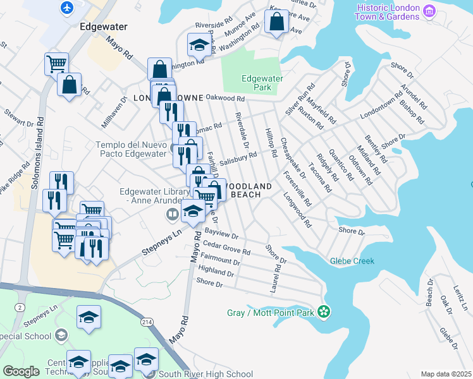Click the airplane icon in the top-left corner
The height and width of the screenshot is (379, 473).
(x=66, y=8)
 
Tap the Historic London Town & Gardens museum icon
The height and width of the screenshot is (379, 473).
(x=430, y=11)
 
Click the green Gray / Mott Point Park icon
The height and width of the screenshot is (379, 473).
(x=324, y=311)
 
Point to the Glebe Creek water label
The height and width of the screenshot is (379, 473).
(x=352, y=261)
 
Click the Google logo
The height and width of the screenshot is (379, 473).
(x=21, y=371)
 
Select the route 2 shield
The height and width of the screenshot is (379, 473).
(x=20, y=306)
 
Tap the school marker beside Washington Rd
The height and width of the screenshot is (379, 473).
(x=199, y=45)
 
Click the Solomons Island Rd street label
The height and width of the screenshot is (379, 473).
(x=40, y=138)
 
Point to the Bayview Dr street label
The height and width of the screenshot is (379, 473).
(x=221, y=234)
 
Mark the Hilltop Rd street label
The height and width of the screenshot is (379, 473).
(x=271, y=144)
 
